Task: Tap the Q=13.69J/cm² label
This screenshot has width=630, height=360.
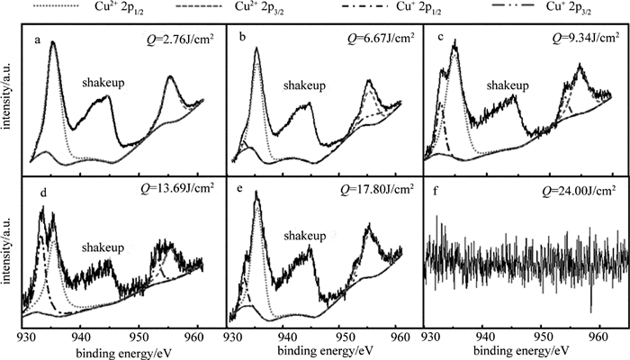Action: (x=171, y=190)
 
